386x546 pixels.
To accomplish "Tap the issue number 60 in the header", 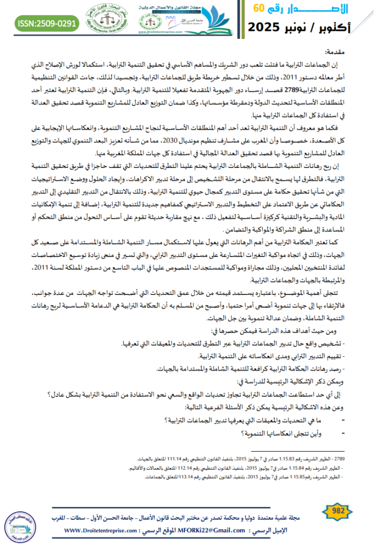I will (258, 7).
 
